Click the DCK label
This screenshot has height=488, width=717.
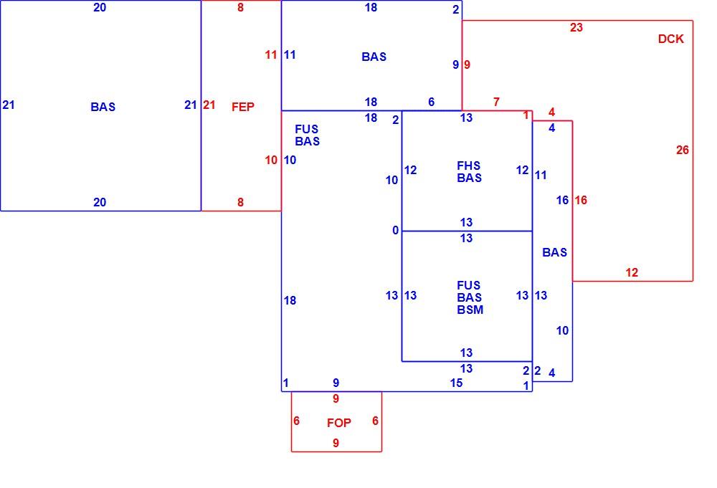pyautogui.click(x=671, y=39)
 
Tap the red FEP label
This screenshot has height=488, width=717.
pyautogui.click(x=243, y=107)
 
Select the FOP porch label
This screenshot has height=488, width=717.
pyautogui.click(x=339, y=423)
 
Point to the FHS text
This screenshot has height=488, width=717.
pyautogui.click(x=469, y=166)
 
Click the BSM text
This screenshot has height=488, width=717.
pyautogui.click(x=470, y=310)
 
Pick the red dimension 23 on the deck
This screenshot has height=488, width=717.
pyautogui.click(x=576, y=27)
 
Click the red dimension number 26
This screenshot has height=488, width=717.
pyautogui.click(x=683, y=150)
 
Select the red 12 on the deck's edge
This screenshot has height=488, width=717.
pyautogui.click(x=632, y=273)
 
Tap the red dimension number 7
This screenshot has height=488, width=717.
pyautogui.click(x=496, y=102)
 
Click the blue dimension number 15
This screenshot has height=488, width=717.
pyautogui.click(x=456, y=383)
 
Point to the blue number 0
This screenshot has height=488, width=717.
pyautogui.click(x=396, y=231)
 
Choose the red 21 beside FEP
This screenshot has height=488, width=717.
pyautogui.click(x=209, y=105)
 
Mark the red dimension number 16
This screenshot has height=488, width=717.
pyautogui.click(x=581, y=200)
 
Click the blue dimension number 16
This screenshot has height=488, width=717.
pyautogui.click(x=562, y=200)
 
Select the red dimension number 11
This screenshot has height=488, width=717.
pyautogui.click(x=271, y=55)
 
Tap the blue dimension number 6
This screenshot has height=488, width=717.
pyautogui.click(x=431, y=102)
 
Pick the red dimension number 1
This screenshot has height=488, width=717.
pyautogui.click(x=526, y=115)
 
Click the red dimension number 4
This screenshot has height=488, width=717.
pyautogui.click(x=551, y=112)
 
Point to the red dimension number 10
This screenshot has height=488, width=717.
pyautogui.click(x=271, y=161)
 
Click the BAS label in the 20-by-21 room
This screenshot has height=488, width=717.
pyautogui.click(x=103, y=107)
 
